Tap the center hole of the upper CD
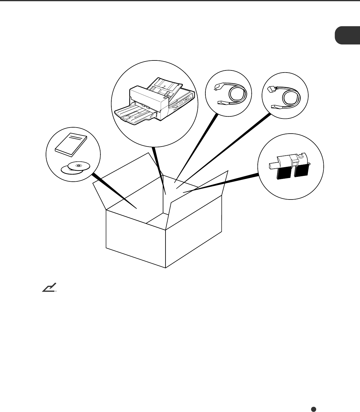pos(79,166)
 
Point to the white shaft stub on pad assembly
pos(273,165)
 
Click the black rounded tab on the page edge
pos(347,36)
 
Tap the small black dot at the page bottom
pos(314,409)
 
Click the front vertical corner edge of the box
pos(166,248)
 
